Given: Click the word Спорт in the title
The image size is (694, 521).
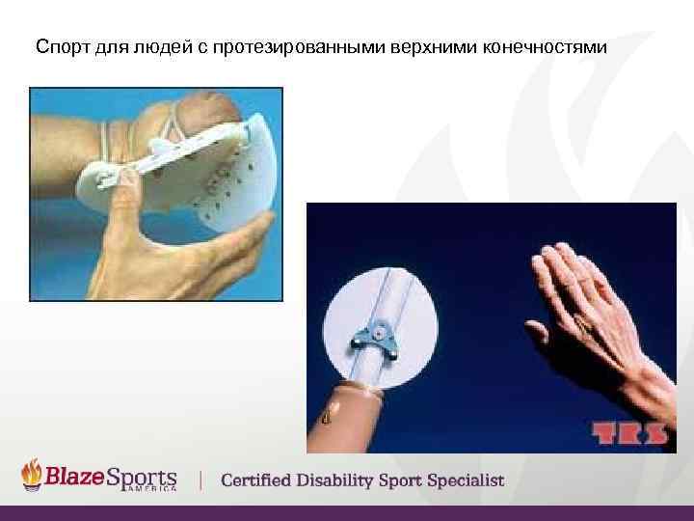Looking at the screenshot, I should pos(59,46).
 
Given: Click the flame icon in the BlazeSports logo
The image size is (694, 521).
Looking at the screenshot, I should pos(33,475).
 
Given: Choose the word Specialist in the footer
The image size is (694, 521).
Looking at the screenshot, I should pos(462,480).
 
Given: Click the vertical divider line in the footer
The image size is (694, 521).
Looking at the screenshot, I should pos(200,480).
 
